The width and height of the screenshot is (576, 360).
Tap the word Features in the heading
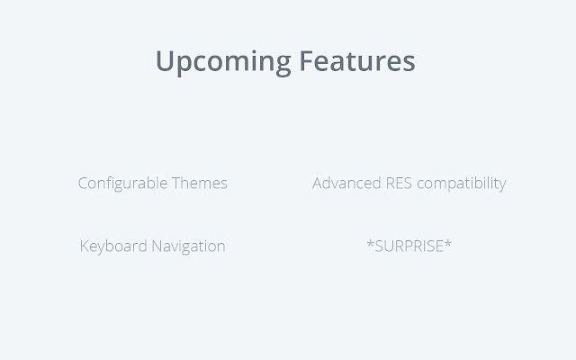tap(357, 60)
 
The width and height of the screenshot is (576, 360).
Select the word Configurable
tap(122, 184)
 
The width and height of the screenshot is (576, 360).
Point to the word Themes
tap(200, 183)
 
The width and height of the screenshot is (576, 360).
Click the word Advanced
tap(346, 183)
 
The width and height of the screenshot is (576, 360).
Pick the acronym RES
tap(399, 184)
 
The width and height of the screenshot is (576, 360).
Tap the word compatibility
tap(462, 184)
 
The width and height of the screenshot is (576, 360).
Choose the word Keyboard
tap(113, 246)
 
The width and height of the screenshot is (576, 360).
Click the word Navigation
tap(188, 247)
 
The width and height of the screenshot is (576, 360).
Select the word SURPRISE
tap(409, 246)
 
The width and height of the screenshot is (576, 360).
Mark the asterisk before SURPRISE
tap(370, 243)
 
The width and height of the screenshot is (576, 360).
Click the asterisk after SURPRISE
tap(448, 243)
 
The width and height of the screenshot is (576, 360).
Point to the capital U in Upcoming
tap(165, 61)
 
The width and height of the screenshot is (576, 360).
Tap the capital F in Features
tap(307, 60)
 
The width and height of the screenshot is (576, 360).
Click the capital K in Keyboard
tap(85, 246)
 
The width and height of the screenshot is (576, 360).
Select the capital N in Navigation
tap(157, 246)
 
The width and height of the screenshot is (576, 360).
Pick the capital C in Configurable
tap(83, 184)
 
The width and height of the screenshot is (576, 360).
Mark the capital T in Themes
tap(176, 184)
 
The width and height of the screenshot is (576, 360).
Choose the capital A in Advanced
tap(318, 184)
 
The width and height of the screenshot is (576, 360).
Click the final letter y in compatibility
tap(502, 186)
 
